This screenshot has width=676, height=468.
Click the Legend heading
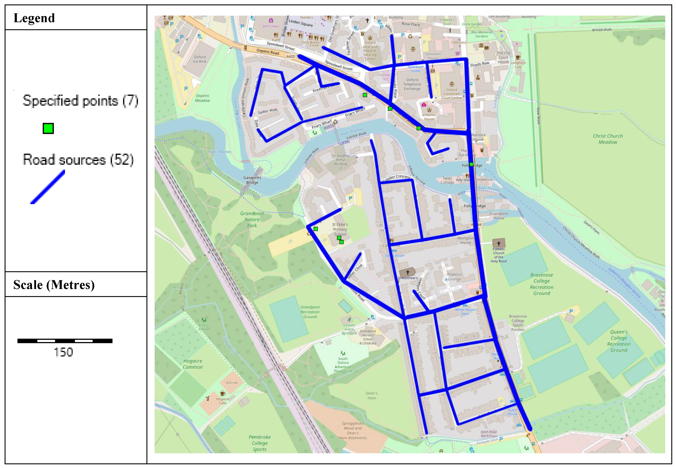pos(34,18)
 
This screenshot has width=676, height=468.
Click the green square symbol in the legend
pos(48,129)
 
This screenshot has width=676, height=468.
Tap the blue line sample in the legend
pos(48,187)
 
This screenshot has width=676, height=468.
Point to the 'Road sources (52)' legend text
pos(78,160)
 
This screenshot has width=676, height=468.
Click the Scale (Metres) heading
pos(54,285)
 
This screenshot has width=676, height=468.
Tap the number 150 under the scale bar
pos(63,352)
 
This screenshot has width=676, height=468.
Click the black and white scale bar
pos(65,341)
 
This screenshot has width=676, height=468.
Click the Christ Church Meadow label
pos(608,139)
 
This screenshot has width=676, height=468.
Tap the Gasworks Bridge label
pos(252,180)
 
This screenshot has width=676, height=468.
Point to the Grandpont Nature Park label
pos(252,219)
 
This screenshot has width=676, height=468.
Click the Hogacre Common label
pos(193,364)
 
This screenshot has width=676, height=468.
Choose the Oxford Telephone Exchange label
pos(412,84)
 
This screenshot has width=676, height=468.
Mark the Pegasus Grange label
pos(454,277)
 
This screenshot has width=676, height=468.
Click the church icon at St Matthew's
pos(407,272)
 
